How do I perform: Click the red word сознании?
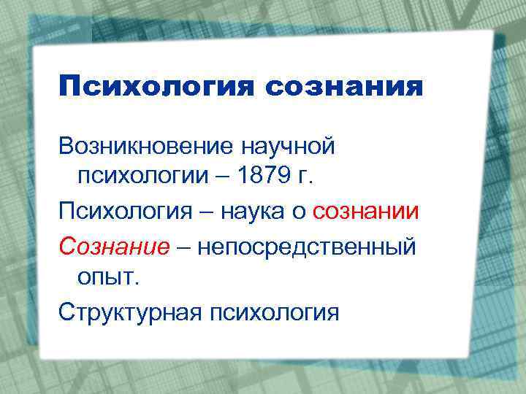pos(366,212)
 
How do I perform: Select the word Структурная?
pos(131,312)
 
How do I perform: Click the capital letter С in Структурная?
pos(67,312)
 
